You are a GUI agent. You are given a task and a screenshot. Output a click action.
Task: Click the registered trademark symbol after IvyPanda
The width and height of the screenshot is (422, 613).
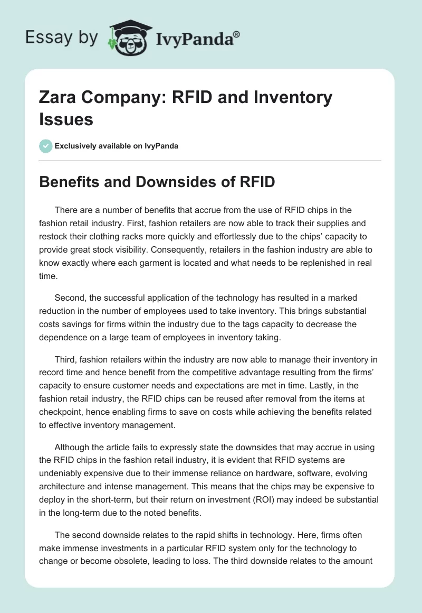(x=237, y=34)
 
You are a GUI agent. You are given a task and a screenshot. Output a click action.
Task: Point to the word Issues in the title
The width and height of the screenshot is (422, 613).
(x=66, y=119)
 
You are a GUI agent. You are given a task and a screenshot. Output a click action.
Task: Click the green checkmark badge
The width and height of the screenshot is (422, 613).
(x=46, y=146)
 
